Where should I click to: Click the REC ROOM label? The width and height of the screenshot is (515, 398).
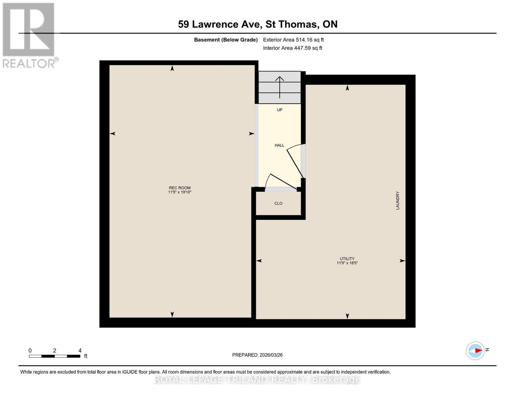tap(180, 188)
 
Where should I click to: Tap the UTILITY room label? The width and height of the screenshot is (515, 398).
tap(347, 259)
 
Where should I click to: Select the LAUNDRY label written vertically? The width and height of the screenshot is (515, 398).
tap(397, 200)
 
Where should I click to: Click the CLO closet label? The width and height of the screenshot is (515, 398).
tap(278, 203)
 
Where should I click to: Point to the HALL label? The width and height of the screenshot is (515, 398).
tap(279, 145)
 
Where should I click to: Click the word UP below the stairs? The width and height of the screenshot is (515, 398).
tap(279, 110)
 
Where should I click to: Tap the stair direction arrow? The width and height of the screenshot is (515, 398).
tap(280, 87)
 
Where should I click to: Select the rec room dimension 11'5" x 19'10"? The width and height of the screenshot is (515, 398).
tap(180, 192)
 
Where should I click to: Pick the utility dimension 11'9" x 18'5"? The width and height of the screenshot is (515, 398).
tap(347, 263)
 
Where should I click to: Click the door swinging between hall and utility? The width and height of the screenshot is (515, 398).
tap(295, 162)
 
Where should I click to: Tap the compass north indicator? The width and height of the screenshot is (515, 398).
tap(476, 351)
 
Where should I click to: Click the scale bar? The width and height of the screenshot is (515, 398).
tap(54, 356)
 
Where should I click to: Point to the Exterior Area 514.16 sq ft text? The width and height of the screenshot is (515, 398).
tap(293, 40)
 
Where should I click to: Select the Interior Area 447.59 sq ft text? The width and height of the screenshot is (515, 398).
tap(292, 48)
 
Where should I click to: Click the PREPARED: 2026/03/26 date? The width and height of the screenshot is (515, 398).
tap(257, 355)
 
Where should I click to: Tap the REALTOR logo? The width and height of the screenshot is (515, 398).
tap(29, 35)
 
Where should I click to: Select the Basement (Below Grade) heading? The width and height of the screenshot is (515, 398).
tap(225, 40)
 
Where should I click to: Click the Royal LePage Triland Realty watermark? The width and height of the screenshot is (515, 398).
tap(257, 379)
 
